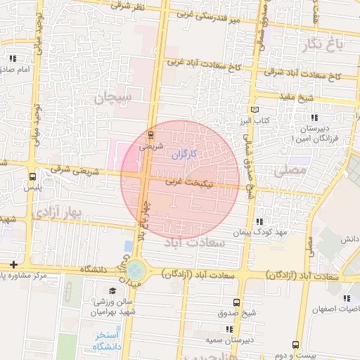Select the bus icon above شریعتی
(x=153, y=134)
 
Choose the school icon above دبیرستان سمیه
(x=229, y=328)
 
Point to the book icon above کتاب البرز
(x=255, y=110)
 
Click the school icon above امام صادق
(x=13, y=58)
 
